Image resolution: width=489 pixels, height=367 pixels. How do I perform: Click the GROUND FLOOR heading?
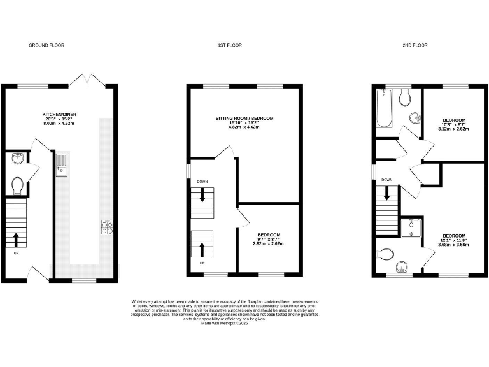coord(46,45)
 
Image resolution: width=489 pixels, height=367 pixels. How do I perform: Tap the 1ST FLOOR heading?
coord(230,45)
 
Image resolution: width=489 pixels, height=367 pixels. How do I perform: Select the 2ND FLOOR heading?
coord(415,45)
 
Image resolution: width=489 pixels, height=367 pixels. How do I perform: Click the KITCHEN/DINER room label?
coord(58,115)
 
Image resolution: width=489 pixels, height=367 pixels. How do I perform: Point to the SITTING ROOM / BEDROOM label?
coord(244,119)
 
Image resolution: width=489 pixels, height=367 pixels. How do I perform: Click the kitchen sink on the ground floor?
coord(62,165)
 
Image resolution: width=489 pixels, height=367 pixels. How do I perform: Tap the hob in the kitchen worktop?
coord(106,226)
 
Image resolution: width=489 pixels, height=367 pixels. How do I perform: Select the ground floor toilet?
coord(18,185)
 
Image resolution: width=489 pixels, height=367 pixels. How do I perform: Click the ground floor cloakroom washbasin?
coord(18,159)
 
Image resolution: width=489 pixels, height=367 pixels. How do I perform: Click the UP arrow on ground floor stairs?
coord(16,240)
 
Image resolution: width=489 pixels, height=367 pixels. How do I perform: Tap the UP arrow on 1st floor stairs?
coord(202,248)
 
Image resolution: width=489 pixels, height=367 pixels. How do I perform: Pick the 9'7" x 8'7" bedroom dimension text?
coord(267,239)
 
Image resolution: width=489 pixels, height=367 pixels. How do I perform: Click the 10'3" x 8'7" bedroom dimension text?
coord(454,124)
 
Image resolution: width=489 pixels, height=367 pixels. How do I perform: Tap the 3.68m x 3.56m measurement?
coord(453,245)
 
